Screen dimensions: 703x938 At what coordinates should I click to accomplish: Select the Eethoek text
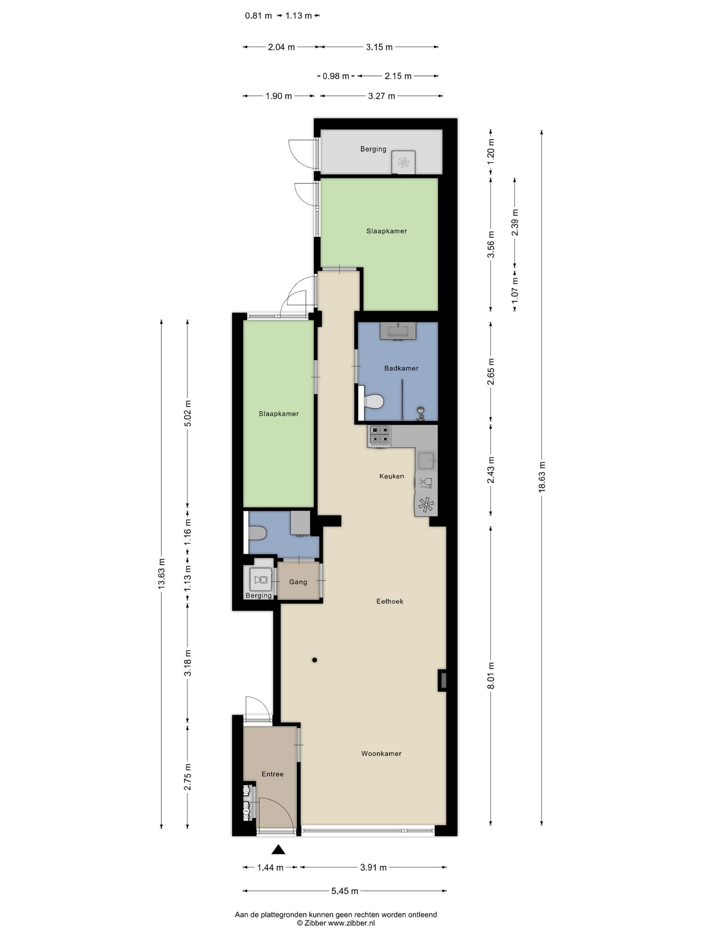click(x=389, y=601)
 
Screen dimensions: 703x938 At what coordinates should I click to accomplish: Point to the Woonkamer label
click(x=381, y=753)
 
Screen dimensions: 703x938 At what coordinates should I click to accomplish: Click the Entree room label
click(x=272, y=774)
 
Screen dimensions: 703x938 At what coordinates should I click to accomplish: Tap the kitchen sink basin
click(x=426, y=461)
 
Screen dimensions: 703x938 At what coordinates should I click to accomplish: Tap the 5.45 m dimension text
click(x=344, y=890)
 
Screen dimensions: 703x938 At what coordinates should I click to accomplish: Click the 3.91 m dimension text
click(x=373, y=867)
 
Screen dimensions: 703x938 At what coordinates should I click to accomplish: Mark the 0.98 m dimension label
click(x=336, y=76)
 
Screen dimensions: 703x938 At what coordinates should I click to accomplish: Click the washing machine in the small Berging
click(x=260, y=579)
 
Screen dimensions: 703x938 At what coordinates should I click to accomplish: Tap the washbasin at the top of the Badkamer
click(x=398, y=331)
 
